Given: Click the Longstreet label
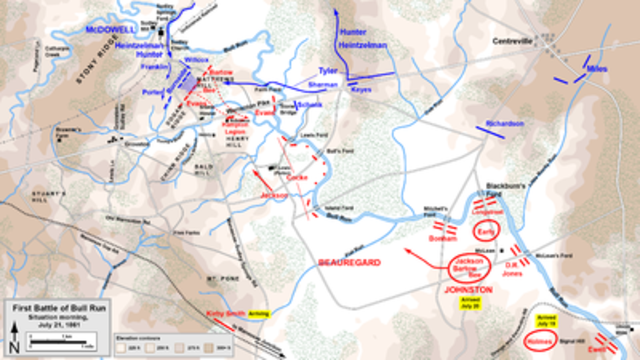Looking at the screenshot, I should (487, 211).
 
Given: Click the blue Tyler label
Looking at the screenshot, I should (327, 72).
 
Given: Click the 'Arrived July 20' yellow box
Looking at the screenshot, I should (471, 301).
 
